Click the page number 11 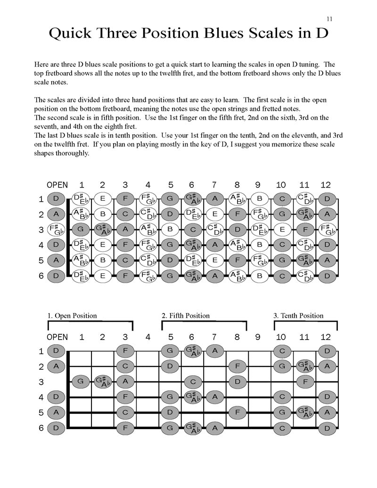click(x=329, y=19)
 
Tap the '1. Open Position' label click(x=72, y=315)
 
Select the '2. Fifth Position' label click(x=186, y=315)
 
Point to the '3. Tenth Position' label click(x=299, y=315)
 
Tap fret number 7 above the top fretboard click(x=214, y=185)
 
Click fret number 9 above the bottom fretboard click(x=257, y=337)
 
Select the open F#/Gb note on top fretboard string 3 click(x=56, y=230)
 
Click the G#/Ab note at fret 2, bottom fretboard click(x=102, y=381)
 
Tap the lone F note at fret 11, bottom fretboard click(x=304, y=381)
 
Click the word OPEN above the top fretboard click(x=57, y=185)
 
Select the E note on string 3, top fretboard click(x=282, y=230)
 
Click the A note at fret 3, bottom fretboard click(x=125, y=381)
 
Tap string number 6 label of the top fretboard click(x=41, y=276)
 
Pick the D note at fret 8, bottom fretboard click(x=238, y=381)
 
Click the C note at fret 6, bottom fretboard click(x=192, y=381)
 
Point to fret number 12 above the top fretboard click(x=326, y=185)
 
